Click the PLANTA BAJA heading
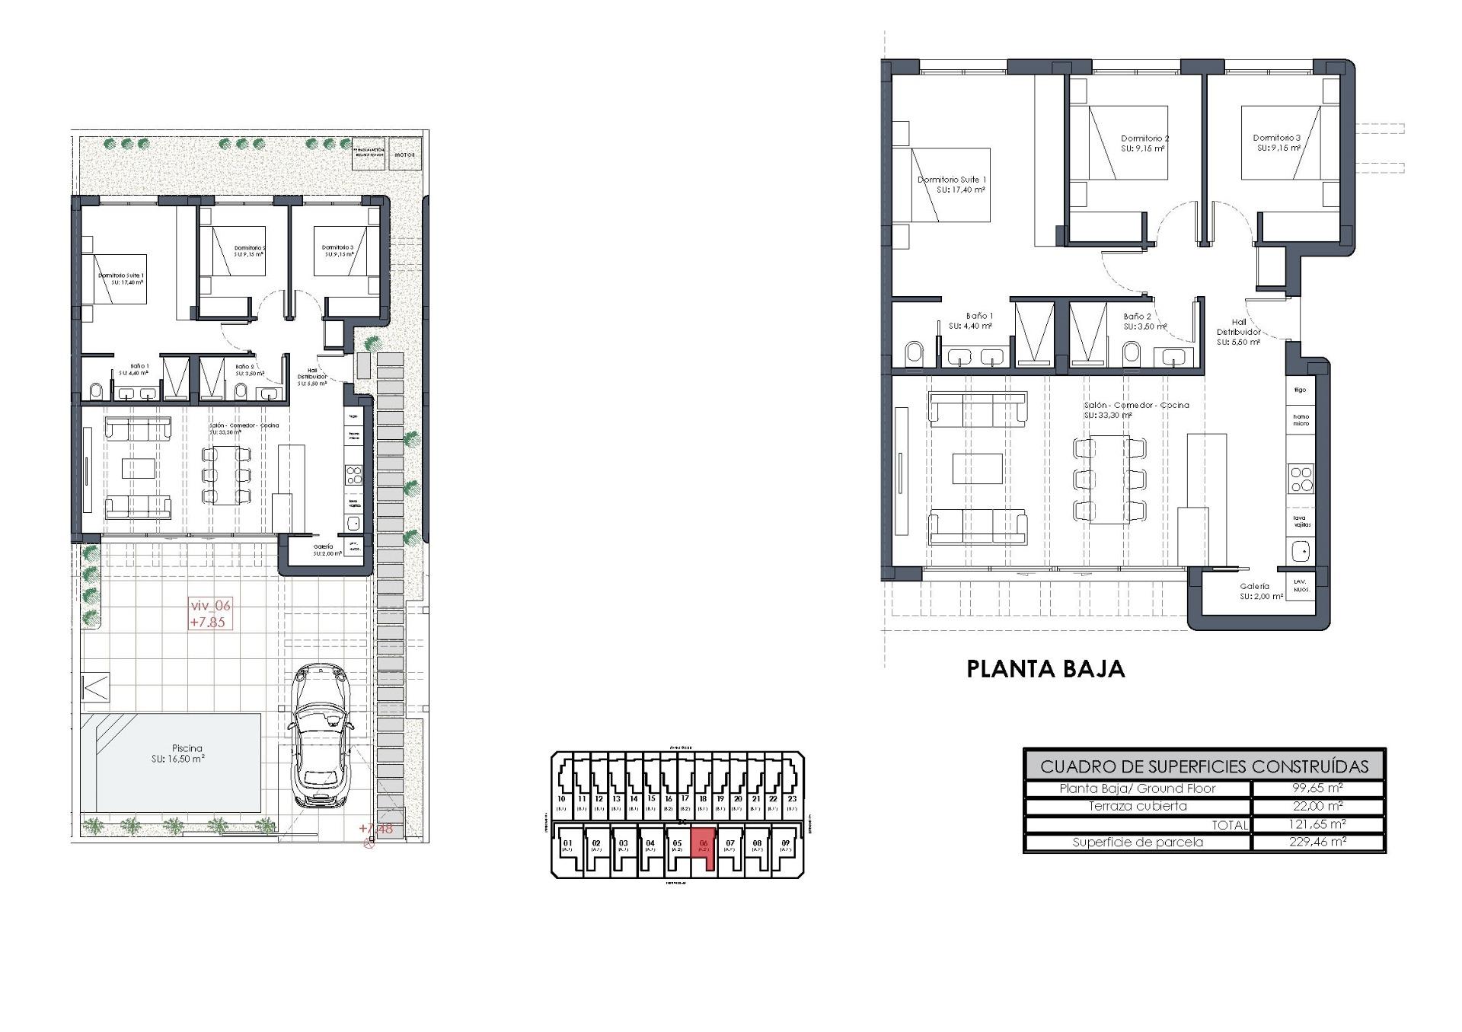[x=1045, y=669]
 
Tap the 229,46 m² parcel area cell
[x=1317, y=842]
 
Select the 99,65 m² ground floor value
[x=1317, y=788]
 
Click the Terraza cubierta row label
[x=1137, y=806]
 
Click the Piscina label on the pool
[x=187, y=748]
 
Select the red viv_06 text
[x=209, y=606]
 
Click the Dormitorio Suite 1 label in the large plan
[x=951, y=180]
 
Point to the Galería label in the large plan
[x=1254, y=587]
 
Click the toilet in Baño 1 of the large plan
[x=914, y=353]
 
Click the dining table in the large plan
[x=1109, y=479]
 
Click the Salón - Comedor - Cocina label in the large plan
[x=1136, y=406]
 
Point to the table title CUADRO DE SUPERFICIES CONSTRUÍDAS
[x=1204, y=766]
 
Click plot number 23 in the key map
[x=792, y=798]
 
